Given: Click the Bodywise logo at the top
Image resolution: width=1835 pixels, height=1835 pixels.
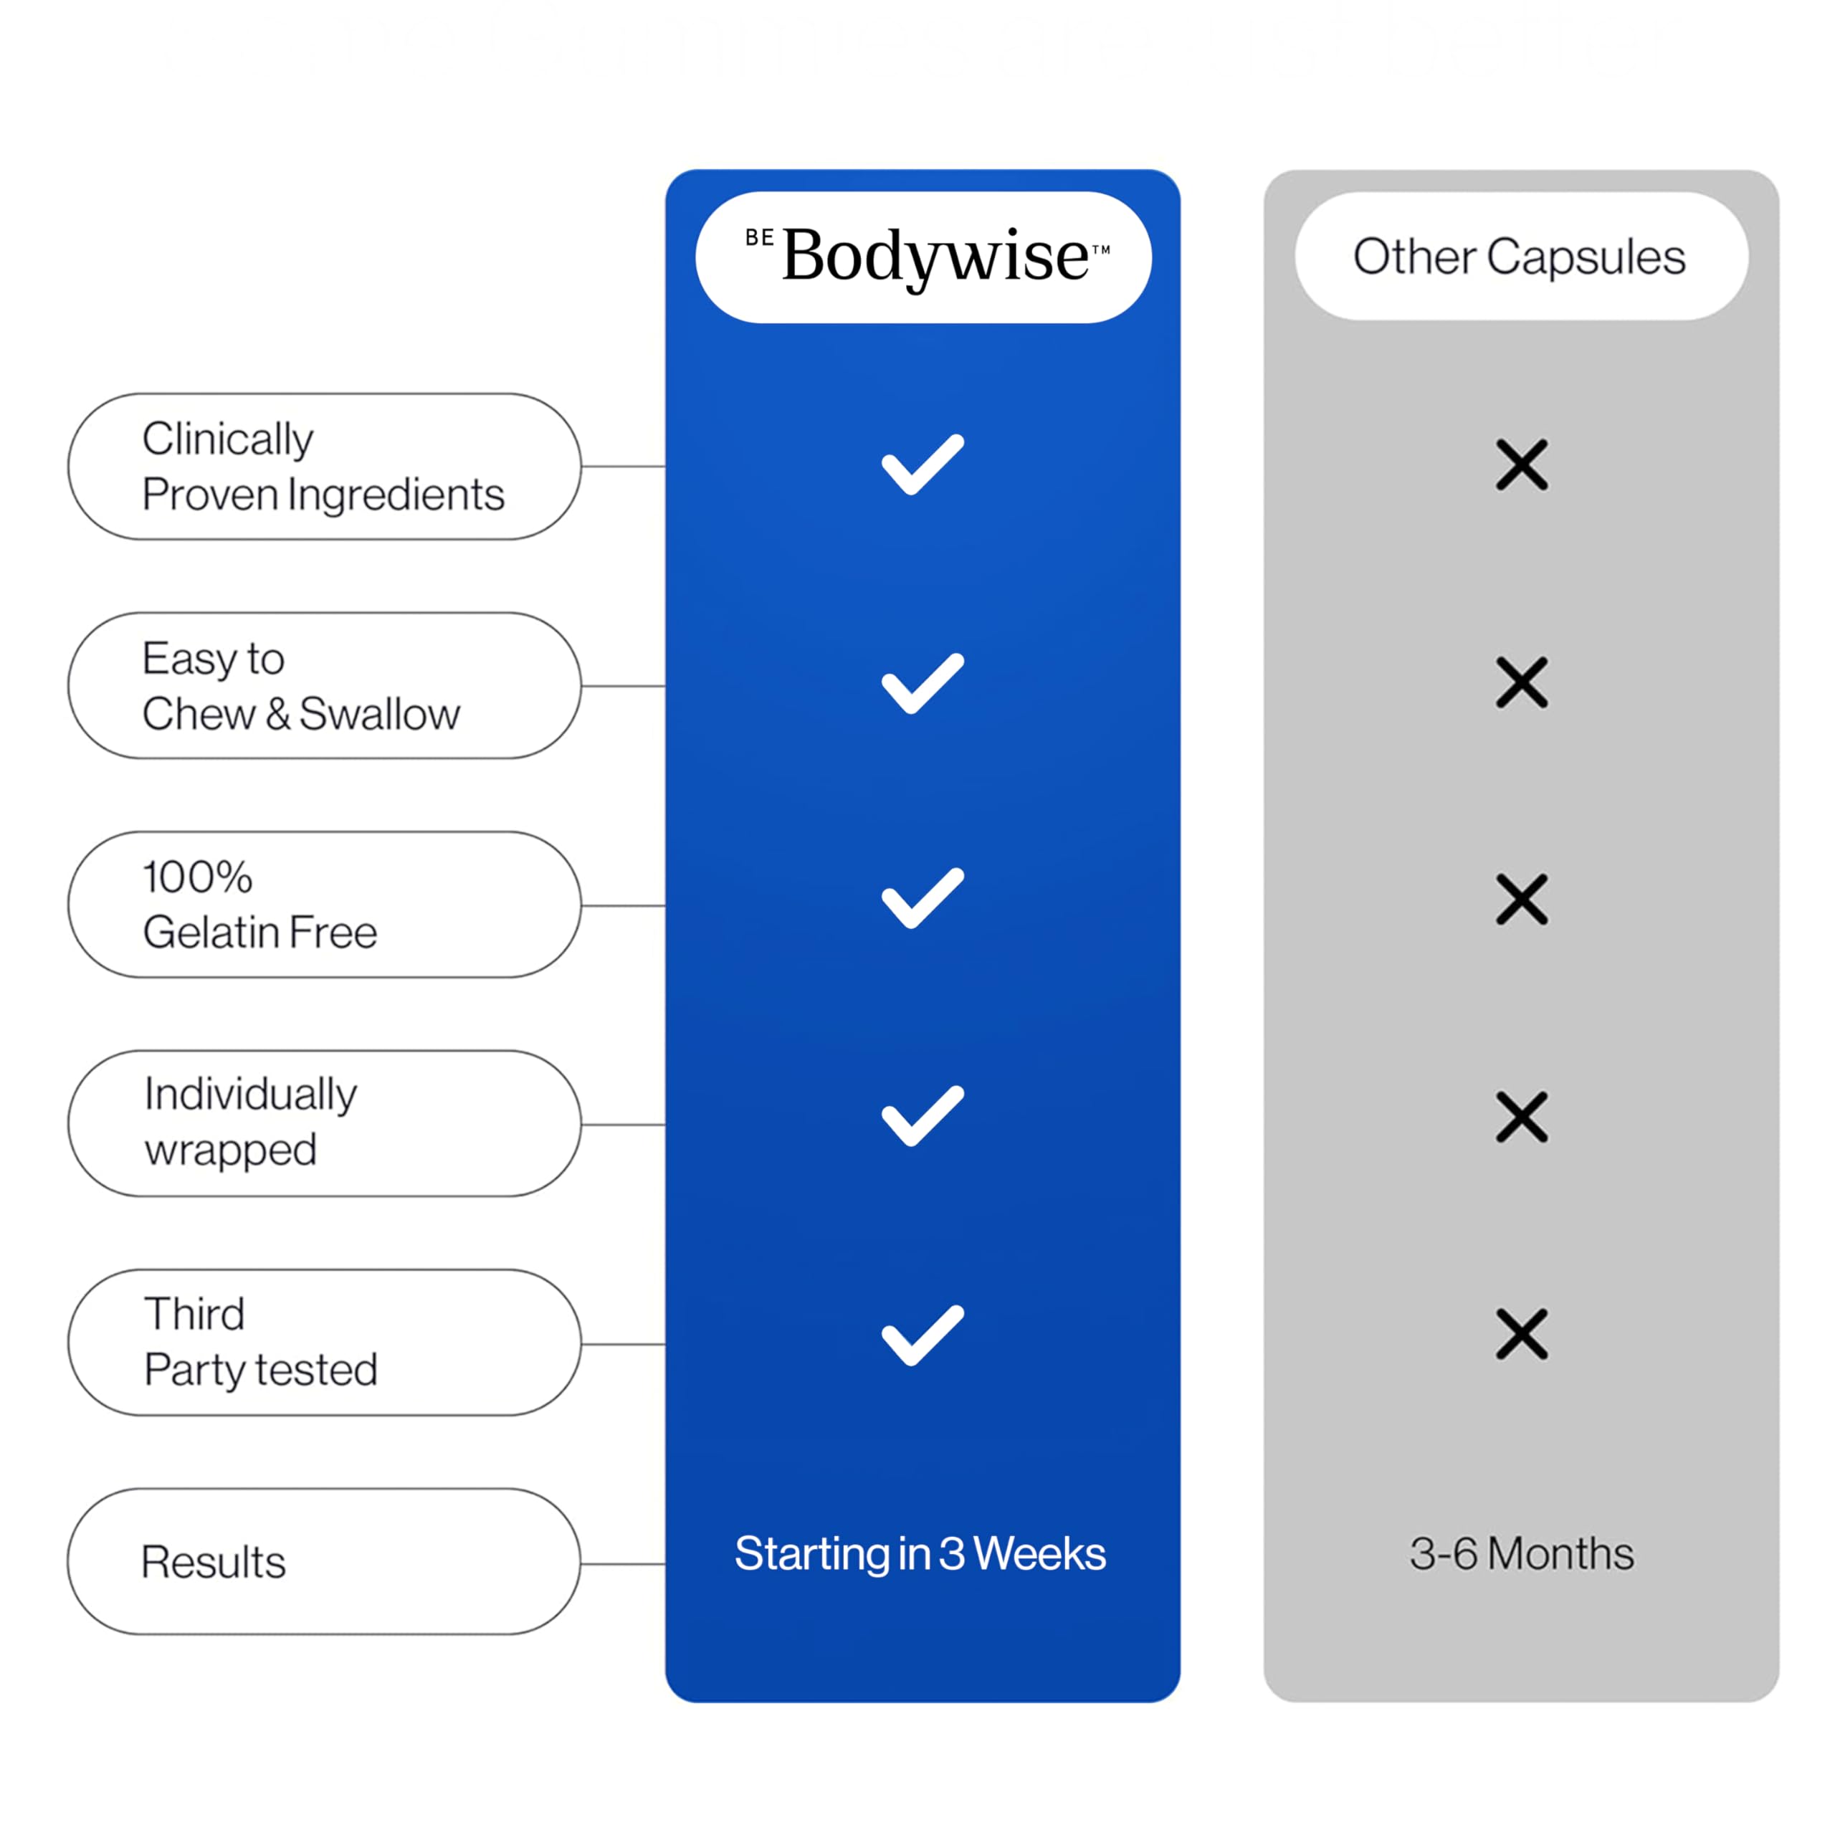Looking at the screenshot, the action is (x=927, y=257).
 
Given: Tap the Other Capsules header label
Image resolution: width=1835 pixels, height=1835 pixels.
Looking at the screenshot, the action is (x=1519, y=257).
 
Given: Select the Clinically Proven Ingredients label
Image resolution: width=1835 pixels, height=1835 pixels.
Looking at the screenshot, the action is (x=323, y=467).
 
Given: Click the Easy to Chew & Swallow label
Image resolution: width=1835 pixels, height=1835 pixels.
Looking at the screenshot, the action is (x=301, y=686).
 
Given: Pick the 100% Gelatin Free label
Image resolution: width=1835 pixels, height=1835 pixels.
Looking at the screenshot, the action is (x=260, y=904).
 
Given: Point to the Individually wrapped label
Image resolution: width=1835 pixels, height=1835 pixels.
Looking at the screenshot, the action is (x=251, y=1123).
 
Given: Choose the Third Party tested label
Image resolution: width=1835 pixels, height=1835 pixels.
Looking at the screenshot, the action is (x=261, y=1342).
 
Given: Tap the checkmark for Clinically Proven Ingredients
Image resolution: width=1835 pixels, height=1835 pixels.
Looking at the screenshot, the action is (x=923, y=464).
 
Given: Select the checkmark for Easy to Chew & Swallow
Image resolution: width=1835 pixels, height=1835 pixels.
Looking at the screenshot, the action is (x=923, y=683).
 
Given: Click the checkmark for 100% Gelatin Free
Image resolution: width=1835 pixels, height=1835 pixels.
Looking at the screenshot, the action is (x=923, y=897).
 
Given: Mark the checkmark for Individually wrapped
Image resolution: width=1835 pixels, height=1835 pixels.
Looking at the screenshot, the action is (x=923, y=1116).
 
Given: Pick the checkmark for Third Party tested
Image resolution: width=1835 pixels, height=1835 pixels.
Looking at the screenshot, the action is (x=923, y=1335).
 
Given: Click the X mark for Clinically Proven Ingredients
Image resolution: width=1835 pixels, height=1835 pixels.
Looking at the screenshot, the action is (x=1522, y=464).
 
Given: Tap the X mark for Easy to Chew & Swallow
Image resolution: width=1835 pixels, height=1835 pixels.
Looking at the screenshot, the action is (x=1522, y=682).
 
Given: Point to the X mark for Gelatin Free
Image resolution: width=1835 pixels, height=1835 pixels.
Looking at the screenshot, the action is (x=1522, y=900).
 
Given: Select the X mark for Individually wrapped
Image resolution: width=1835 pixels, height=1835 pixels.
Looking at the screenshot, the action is (x=1522, y=1116).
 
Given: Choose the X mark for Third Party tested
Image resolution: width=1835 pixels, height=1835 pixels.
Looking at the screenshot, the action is (x=1522, y=1333).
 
